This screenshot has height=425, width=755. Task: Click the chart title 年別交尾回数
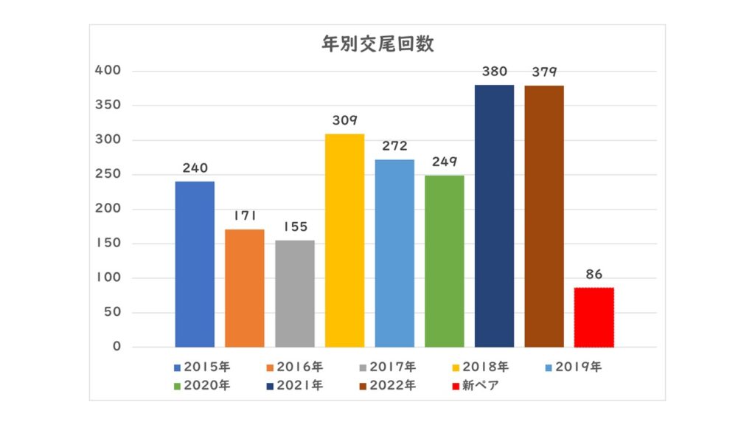click(377, 44)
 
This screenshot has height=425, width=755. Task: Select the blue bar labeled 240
click(195, 264)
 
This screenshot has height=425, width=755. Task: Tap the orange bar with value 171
click(245, 288)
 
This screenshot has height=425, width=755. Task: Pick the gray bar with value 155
click(295, 294)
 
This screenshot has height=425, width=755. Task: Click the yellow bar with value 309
click(344, 241)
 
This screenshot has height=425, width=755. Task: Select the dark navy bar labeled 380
click(494, 215)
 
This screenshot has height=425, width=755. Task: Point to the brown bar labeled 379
click(544, 216)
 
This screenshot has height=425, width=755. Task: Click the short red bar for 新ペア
click(594, 317)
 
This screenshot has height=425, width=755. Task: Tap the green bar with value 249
click(445, 261)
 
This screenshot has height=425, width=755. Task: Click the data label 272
click(394, 147)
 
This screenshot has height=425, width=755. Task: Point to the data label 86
click(594, 274)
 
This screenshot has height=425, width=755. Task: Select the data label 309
click(344, 121)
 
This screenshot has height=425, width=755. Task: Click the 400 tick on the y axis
click(108, 71)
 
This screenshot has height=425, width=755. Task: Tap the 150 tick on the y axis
click(108, 243)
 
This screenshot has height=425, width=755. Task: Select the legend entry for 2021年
click(294, 385)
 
